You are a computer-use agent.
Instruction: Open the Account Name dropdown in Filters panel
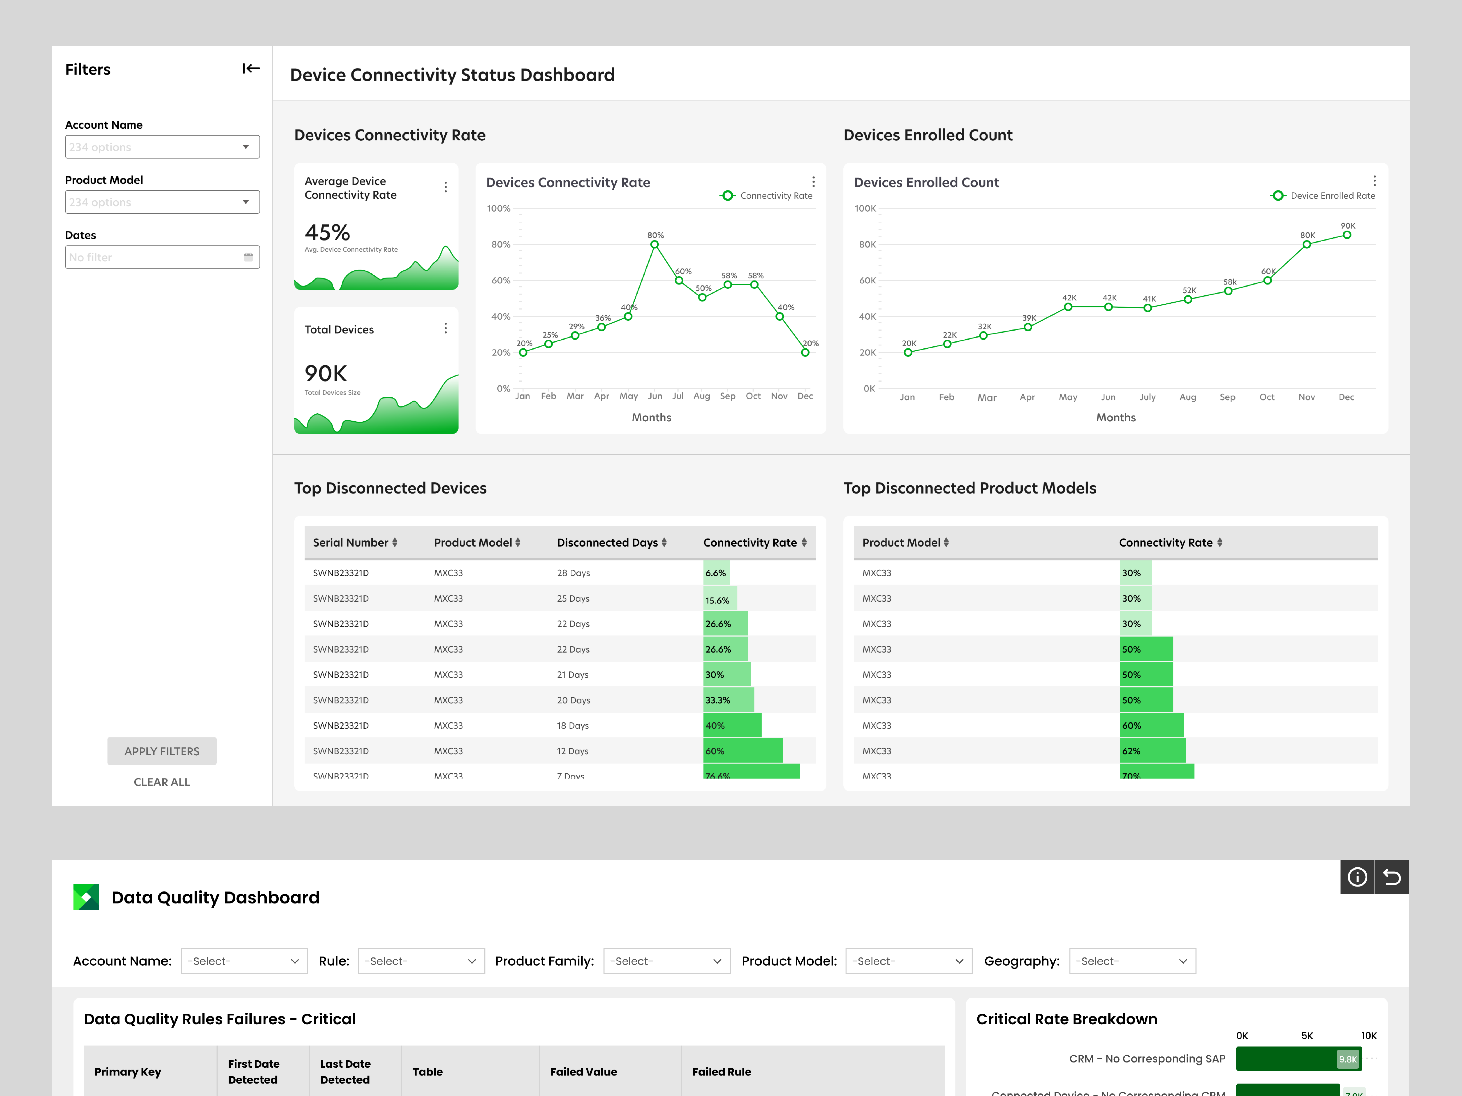[x=162, y=147]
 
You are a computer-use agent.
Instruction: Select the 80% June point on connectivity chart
[x=654, y=244]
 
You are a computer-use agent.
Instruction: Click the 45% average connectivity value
[x=327, y=232]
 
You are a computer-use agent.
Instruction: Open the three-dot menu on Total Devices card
[x=445, y=328]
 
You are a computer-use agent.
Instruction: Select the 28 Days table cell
[x=573, y=573]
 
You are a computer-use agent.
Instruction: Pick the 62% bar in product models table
[x=1152, y=751]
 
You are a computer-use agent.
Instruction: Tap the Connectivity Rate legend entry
[x=767, y=196]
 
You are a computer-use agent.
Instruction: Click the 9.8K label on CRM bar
[x=1347, y=1059]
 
